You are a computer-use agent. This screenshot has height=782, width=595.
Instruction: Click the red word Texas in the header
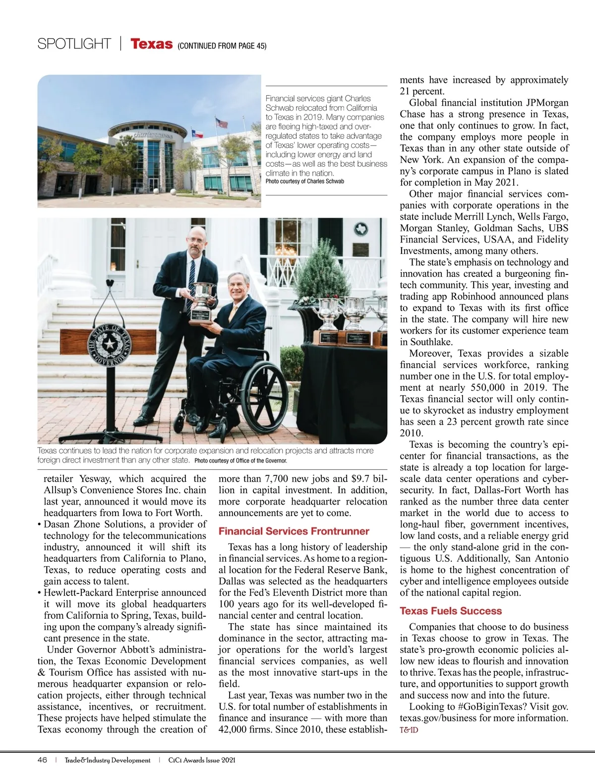click(151, 44)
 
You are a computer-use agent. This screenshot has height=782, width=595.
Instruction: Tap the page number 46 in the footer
click(42, 760)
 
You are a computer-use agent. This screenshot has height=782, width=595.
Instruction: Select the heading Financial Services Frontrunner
click(294, 531)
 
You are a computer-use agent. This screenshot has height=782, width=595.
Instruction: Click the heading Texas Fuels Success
click(450, 611)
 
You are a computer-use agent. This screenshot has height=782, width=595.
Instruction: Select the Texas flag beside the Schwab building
click(197, 133)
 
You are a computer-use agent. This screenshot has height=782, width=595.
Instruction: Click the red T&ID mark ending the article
click(409, 730)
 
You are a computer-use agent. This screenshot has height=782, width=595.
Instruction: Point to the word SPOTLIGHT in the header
click(74, 44)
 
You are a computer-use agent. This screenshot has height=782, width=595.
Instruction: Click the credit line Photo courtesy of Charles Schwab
click(304, 181)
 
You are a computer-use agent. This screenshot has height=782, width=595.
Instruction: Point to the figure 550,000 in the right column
click(487, 388)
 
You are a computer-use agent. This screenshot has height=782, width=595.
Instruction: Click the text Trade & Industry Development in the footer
click(108, 760)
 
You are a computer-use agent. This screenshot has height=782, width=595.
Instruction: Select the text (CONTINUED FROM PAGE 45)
click(222, 46)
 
